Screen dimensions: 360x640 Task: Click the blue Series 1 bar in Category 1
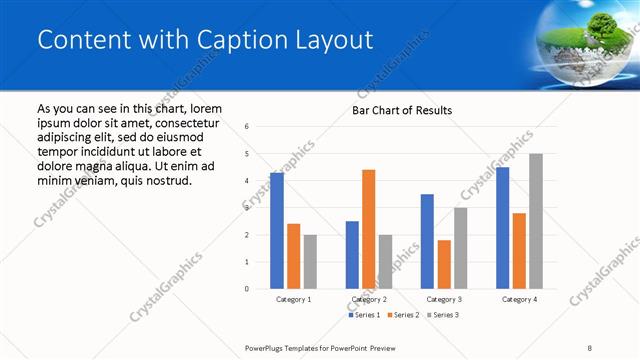pyautogui.click(x=277, y=231)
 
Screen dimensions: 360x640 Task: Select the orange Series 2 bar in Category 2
pyautogui.click(x=368, y=229)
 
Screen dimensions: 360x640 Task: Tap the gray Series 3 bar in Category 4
pyautogui.click(x=535, y=221)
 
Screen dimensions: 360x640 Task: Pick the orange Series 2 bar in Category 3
pyautogui.click(x=443, y=264)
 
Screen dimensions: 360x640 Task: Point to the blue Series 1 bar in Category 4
pyautogui.click(x=502, y=228)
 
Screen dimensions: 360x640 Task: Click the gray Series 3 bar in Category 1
pyautogui.click(x=310, y=262)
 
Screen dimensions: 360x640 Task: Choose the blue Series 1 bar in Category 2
pyautogui.click(x=352, y=255)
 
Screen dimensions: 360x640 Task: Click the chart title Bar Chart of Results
pyautogui.click(x=402, y=110)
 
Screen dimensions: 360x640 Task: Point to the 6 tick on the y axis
pyautogui.click(x=246, y=126)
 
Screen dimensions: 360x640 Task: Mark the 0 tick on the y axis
pyautogui.click(x=246, y=289)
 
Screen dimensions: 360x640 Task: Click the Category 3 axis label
pyautogui.click(x=443, y=299)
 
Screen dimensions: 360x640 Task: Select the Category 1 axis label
pyautogui.click(x=293, y=299)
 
